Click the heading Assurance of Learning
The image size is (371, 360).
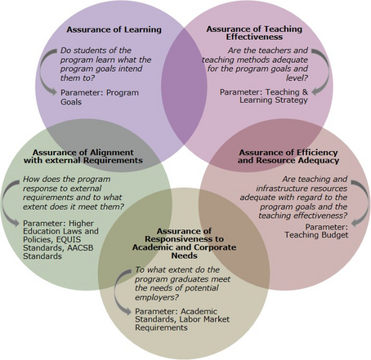click(x=114, y=29)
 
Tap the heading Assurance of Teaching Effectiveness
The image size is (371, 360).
click(x=254, y=33)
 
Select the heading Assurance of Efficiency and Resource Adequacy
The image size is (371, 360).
click(x=288, y=156)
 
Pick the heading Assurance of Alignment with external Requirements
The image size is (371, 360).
click(x=83, y=156)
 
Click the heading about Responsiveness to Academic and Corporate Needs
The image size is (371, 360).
click(x=184, y=243)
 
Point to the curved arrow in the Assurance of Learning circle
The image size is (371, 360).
click(x=42, y=71)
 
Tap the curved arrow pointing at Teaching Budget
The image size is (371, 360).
click(x=366, y=202)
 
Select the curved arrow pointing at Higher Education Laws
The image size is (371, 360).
click(x=3, y=202)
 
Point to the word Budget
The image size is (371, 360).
click(x=336, y=235)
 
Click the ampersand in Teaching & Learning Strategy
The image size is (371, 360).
click(x=305, y=92)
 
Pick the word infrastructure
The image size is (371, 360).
click(x=283, y=189)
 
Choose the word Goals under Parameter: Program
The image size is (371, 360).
click(x=71, y=102)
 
